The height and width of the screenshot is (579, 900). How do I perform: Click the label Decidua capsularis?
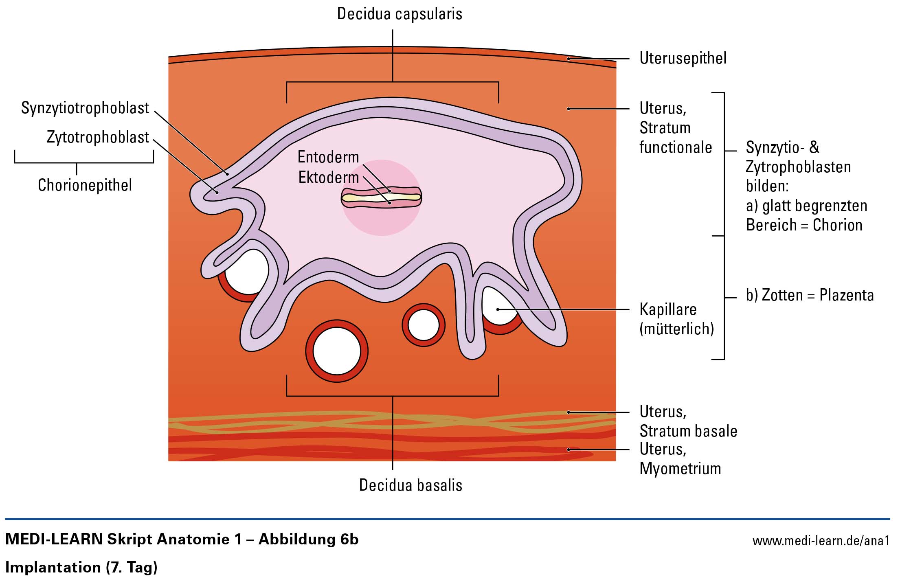click(400, 14)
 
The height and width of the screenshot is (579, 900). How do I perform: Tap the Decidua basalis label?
click(410, 485)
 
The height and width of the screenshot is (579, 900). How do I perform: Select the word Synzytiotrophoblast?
click(85, 108)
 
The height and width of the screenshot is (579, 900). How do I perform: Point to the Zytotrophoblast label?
click(98, 138)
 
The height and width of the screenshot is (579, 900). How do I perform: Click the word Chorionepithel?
click(85, 185)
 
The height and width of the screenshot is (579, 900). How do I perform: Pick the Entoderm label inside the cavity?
click(328, 157)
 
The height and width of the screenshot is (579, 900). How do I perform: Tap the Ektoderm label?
click(329, 178)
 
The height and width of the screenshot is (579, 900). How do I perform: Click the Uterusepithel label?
click(683, 58)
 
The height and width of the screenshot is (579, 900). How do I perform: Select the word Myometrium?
click(680, 469)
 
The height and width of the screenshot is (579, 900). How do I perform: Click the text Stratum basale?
click(688, 431)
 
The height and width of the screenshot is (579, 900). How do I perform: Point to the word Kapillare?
click(668, 309)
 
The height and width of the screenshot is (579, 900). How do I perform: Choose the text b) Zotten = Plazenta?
click(810, 295)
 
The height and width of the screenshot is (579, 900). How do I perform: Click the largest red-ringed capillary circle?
click(337, 351)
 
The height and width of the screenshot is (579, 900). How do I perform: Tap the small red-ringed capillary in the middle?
click(424, 325)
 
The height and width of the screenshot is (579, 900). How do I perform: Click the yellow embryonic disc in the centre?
click(381, 197)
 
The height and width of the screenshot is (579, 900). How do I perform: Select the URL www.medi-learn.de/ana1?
click(821, 541)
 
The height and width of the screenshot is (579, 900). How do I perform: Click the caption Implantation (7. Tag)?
click(81, 567)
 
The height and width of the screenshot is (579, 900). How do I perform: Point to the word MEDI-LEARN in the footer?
click(54, 540)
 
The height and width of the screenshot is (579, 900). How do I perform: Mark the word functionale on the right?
click(676, 147)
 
